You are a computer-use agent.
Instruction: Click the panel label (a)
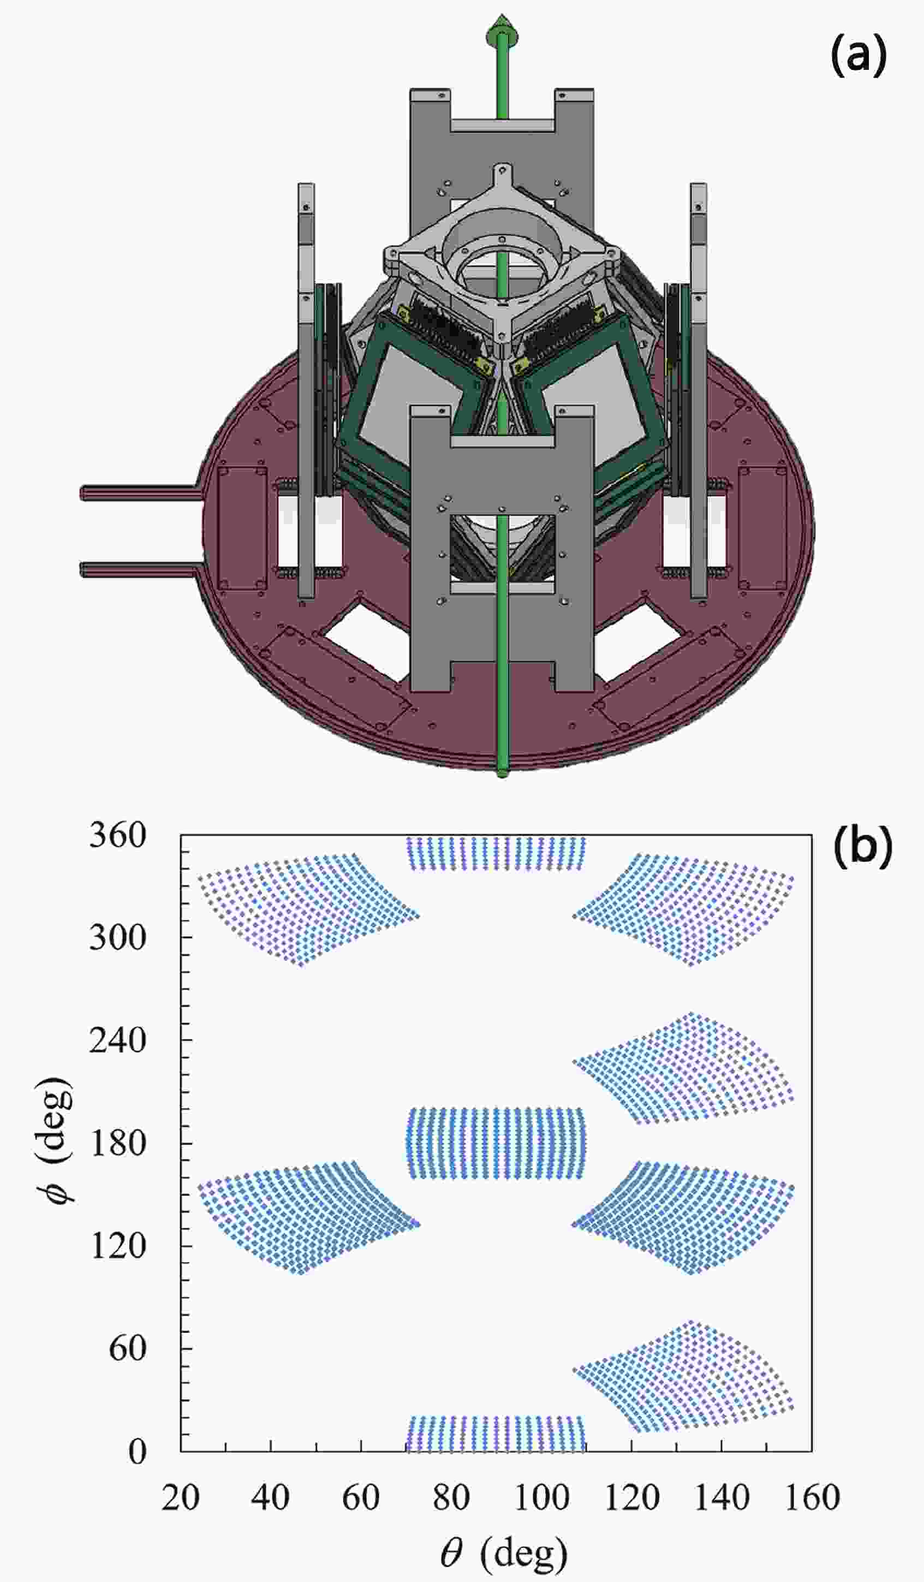tap(858, 55)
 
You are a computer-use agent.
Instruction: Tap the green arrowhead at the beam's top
tap(502, 31)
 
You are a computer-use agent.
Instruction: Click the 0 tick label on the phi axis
tap(138, 1451)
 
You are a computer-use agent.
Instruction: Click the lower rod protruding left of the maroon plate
tap(141, 569)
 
